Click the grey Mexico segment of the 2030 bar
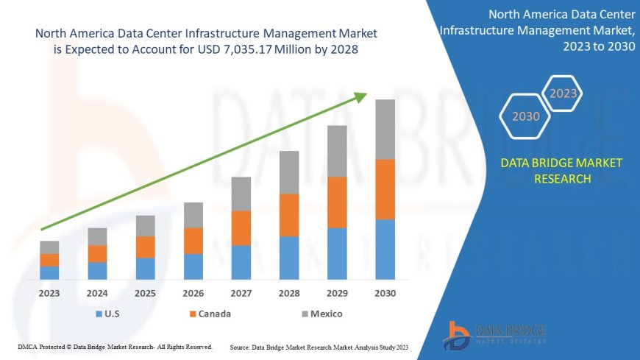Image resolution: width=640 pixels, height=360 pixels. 385,129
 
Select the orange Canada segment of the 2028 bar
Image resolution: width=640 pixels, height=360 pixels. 289,215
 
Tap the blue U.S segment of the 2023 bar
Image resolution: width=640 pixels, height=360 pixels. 49,272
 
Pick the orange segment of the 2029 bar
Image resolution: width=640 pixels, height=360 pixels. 337,202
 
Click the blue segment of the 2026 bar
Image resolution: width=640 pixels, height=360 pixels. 193,267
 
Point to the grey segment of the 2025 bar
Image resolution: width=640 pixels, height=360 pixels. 146,226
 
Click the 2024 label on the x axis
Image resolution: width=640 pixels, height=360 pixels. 97,293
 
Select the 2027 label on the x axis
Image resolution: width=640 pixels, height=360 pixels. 241,293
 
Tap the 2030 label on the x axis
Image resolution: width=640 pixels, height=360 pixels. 385,293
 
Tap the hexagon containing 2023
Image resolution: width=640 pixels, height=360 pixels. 563,93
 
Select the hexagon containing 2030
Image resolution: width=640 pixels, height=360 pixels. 526,116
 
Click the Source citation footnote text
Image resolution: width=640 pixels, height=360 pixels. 319,346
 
